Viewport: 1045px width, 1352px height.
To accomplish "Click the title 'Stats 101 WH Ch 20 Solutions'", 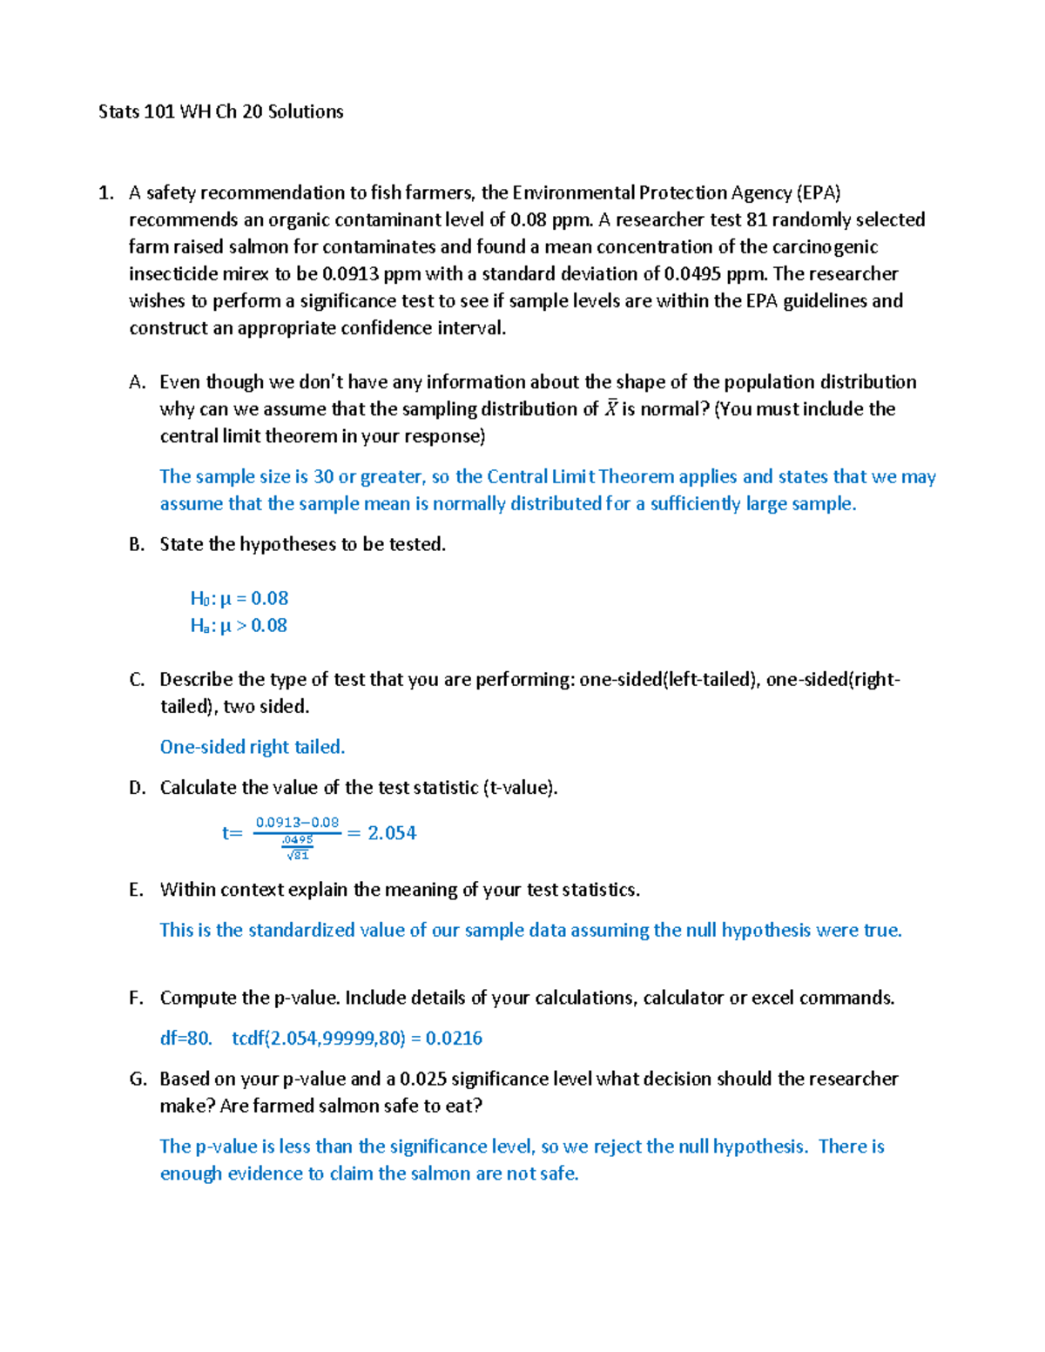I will pyautogui.click(x=220, y=111).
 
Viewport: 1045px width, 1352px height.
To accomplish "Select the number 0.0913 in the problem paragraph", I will pyautogui.click(x=351, y=273).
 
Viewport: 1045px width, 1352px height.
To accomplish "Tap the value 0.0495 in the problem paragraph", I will pyautogui.click(x=692, y=273).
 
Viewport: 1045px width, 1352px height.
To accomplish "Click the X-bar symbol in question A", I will pyautogui.click(x=611, y=408).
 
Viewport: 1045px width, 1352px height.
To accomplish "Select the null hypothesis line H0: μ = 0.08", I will pyautogui.click(x=239, y=598).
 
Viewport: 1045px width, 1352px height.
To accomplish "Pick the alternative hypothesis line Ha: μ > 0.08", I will pyautogui.click(x=239, y=625).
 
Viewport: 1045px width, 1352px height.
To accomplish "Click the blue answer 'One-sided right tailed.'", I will pyautogui.click(x=253, y=747).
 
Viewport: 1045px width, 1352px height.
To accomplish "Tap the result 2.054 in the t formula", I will pyautogui.click(x=392, y=833).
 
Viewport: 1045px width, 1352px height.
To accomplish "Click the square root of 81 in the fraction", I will pyautogui.click(x=298, y=855).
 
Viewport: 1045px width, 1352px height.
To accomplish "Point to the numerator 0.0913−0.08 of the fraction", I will pyautogui.click(x=297, y=822).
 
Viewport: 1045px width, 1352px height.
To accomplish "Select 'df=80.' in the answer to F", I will pyautogui.click(x=185, y=1038).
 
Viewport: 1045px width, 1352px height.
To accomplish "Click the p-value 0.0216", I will pyautogui.click(x=454, y=1038).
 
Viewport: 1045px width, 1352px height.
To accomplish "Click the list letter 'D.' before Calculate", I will pyautogui.click(x=137, y=788).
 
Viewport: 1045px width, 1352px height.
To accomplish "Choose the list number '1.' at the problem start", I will pyautogui.click(x=106, y=192).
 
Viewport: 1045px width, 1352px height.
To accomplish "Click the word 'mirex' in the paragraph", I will pyautogui.click(x=246, y=273).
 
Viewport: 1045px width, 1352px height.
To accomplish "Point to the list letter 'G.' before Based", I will pyautogui.click(x=138, y=1079).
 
